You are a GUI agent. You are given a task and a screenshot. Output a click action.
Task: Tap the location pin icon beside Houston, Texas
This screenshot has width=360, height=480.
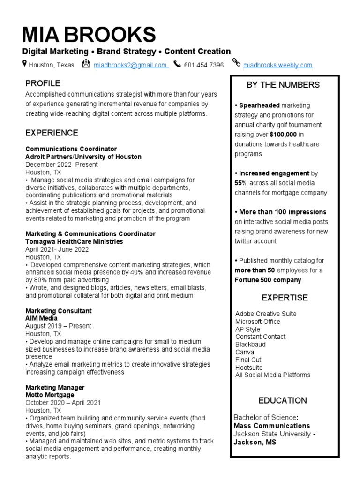(x=25, y=64)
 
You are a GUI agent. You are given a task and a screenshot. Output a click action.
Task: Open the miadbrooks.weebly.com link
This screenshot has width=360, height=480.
(x=277, y=65)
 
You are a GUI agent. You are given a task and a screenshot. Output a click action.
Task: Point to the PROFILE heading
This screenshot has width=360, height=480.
(x=43, y=83)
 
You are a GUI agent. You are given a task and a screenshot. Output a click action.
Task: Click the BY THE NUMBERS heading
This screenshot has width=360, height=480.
(x=283, y=85)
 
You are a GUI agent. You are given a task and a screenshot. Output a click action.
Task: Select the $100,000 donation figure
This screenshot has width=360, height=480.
(x=283, y=135)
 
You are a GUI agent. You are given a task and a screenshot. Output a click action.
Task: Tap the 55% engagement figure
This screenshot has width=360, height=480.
(x=240, y=183)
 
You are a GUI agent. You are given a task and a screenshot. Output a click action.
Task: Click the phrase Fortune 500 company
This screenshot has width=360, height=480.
(x=268, y=280)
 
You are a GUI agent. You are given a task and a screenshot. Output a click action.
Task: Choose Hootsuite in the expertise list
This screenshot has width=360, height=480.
(x=249, y=367)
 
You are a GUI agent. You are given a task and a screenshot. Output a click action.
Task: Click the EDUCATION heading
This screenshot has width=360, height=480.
(x=283, y=400)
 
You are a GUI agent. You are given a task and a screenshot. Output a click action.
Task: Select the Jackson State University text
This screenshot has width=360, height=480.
(x=272, y=434)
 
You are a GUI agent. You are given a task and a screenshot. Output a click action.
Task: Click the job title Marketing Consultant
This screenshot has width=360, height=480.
(x=58, y=311)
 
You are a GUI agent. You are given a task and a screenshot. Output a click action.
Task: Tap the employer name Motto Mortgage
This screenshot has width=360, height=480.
(x=49, y=395)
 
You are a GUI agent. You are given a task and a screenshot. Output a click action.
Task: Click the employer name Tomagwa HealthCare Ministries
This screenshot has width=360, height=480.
(x=74, y=241)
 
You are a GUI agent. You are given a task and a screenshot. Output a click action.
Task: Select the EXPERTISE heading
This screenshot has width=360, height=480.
(x=285, y=298)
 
